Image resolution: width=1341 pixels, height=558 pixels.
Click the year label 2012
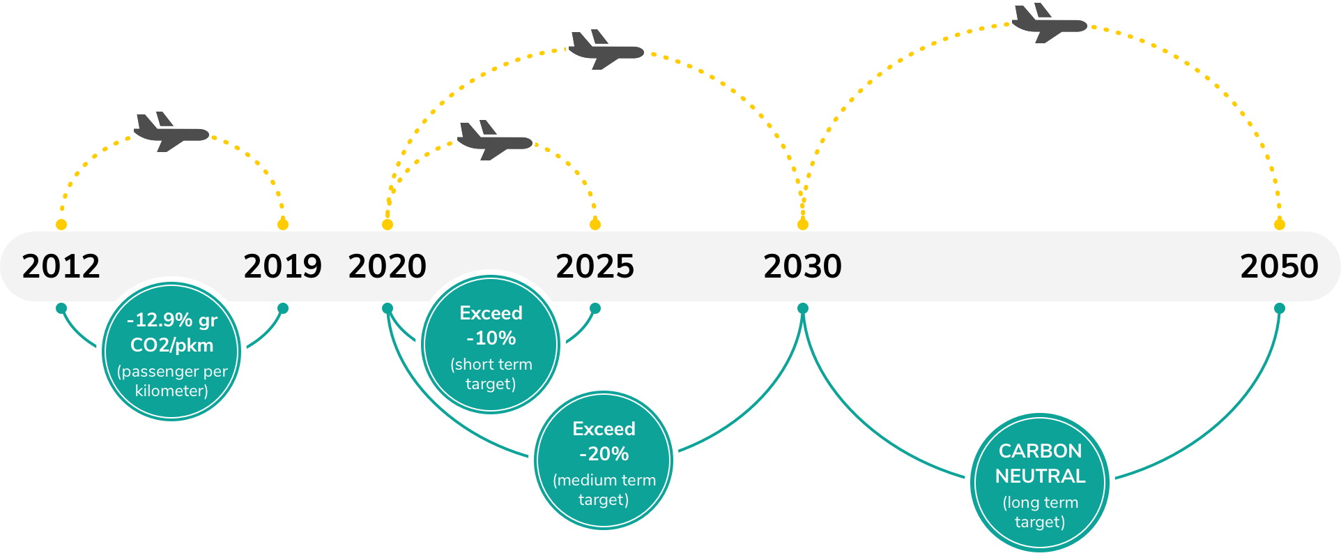pos(61,266)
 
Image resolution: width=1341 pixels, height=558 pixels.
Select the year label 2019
pos(283,266)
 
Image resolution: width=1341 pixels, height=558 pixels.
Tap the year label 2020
pos(388,266)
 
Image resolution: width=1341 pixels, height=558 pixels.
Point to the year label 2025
pos(595,266)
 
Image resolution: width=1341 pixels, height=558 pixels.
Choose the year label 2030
pos(803,266)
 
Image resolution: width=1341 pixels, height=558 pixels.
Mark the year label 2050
pos(1280,266)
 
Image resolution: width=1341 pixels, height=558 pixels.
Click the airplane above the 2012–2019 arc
pos(171,132)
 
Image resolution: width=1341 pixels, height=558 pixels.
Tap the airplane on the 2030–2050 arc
pos(1049,23)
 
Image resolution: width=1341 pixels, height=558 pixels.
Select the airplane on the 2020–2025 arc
pos(495,140)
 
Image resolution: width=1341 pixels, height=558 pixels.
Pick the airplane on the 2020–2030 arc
pos(606,50)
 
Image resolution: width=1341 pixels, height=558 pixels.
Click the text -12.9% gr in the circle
pos(172,320)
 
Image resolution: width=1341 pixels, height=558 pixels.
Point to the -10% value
pos(491,338)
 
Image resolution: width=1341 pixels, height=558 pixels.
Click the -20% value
pos(604,454)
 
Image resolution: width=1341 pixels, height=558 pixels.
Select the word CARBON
pos(1041,451)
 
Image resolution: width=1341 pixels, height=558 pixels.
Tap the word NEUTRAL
pos(1041,476)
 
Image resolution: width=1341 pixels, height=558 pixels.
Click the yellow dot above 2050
pos(1280,225)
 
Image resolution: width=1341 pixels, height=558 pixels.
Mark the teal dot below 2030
pos(803,308)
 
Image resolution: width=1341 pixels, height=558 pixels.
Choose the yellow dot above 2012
pos(61,225)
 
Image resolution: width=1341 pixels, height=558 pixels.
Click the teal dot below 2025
pos(595,308)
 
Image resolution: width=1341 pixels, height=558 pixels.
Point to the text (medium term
pos(604,481)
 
